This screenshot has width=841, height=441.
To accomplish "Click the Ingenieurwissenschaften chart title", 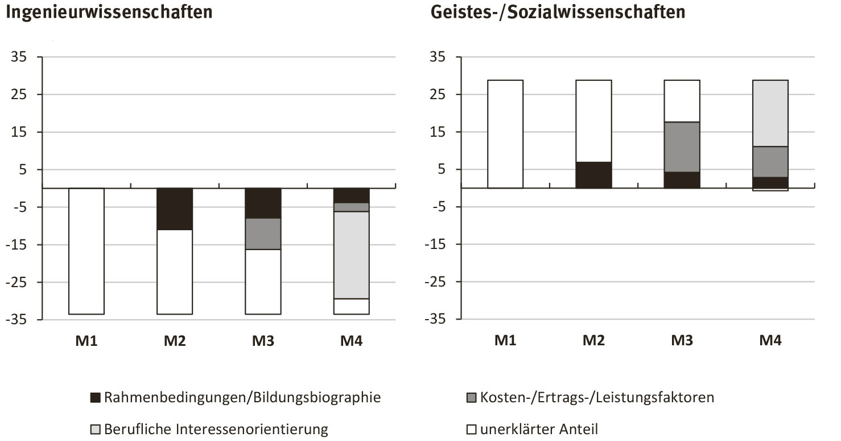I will coord(109,11).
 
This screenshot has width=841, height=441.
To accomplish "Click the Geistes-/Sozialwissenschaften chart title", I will coord(558,11).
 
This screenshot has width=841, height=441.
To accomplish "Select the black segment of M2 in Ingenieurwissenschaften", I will coord(175,209).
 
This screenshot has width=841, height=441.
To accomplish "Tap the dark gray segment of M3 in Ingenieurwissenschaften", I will coord(263,234).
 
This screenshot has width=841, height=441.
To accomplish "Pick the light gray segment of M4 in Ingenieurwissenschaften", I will coord(351,255).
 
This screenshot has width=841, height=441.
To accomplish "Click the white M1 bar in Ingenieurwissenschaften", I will coord(86,251).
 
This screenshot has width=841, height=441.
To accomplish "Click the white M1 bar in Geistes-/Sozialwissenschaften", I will coord(505,134).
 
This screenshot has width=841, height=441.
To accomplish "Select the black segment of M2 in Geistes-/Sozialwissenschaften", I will coord(593,175).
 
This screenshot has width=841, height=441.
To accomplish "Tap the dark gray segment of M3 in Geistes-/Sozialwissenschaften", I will coord(682,147).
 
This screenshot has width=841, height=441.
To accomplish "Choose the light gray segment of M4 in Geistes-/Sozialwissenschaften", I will coord(770,113).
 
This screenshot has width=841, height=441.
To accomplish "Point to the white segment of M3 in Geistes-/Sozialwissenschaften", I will coord(682,101).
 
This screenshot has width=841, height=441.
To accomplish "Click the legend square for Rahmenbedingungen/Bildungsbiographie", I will coord(96,398).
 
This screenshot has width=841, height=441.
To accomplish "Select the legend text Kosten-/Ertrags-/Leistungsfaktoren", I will coord(597,397).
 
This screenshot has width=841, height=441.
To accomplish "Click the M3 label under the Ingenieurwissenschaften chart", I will coord(263,341).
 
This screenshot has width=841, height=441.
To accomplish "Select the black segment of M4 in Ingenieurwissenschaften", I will coord(351,195).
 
